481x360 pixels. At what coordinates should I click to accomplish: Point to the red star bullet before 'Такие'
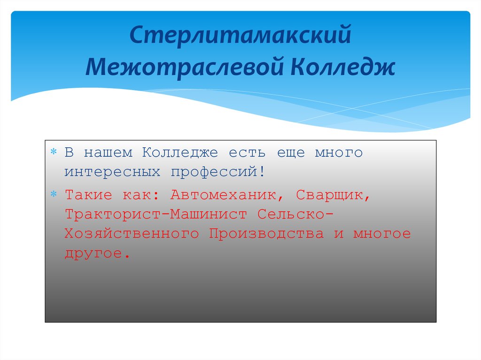[54, 194]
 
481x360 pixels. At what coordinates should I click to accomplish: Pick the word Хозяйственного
[132, 234]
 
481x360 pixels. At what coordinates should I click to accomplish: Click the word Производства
[266, 234]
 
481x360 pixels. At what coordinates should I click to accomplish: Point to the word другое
[96, 253]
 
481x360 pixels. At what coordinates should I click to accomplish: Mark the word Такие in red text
[89, 195]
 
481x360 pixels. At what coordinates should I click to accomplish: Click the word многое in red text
[382, 234]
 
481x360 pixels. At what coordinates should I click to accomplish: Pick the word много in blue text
[338, 153]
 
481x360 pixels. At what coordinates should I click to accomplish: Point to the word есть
[247, 153]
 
